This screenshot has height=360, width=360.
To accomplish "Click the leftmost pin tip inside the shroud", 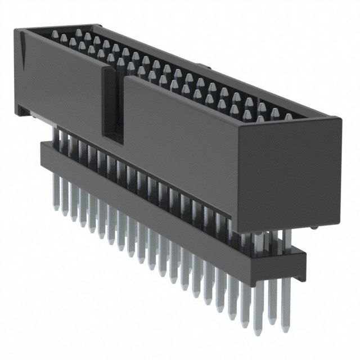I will pyautogui.click(x=55, y=34).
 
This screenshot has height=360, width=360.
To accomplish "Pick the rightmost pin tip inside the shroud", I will pyautogui.click(x=288, y=117).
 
